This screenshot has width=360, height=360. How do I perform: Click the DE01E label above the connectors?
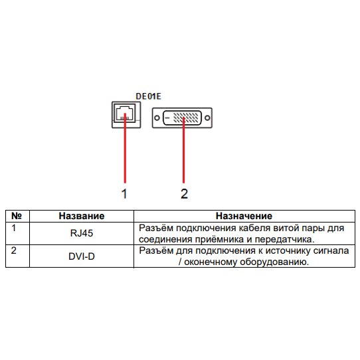(x=148, y=96)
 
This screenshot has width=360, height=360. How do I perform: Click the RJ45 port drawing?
(x=126, y=115)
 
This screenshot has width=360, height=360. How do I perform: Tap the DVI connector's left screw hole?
(x=157, y=118)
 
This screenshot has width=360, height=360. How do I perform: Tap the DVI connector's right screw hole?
(x=207, y=118)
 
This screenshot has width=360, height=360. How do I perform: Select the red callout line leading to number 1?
(x=125, y=148)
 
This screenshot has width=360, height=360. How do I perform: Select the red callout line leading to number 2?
(x=183, y=150)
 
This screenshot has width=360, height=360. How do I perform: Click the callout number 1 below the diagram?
(x=124, y=194)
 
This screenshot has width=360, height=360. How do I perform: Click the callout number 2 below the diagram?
(x=184, y=194)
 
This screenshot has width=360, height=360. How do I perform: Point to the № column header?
(x=17, y=216)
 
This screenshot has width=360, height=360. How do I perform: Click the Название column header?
(x=82, y=216)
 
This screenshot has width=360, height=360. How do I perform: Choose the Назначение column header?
(x=244, y=216)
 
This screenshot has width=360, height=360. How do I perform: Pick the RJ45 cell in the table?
(x=82, y=233)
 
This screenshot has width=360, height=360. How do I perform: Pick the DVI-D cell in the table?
(x=82, y=256)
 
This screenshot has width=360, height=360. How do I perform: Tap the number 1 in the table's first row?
(x=14, y=228)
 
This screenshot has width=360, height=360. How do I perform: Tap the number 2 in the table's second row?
(x=14, y=250)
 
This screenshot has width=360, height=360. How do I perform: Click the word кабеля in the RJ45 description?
(x=252, y=228)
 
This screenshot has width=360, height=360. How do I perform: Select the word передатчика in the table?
(x=284, y=240)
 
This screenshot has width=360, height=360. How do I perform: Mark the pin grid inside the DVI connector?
(x=185, y=118)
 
